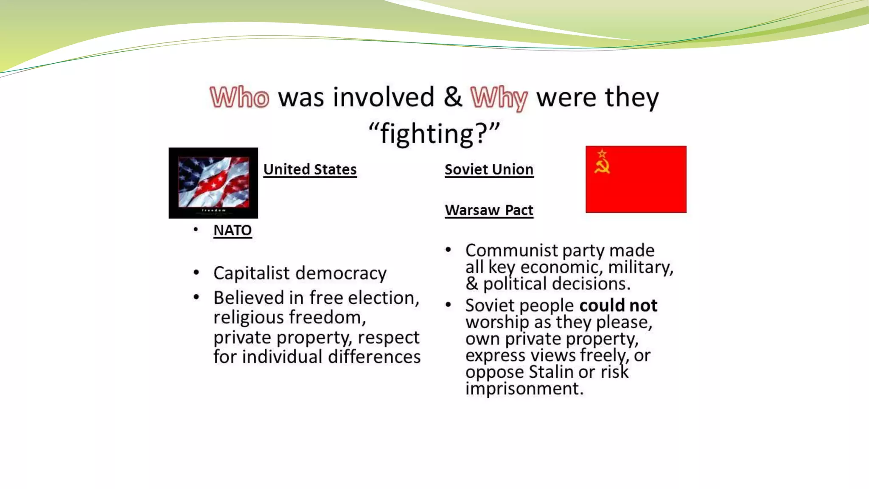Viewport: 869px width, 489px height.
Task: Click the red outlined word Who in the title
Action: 240,97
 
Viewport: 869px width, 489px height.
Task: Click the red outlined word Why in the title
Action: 499,98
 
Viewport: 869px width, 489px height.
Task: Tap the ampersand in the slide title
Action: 453,97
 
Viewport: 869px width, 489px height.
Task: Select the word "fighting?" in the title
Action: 434,134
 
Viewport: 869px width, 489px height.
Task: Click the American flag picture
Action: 213,183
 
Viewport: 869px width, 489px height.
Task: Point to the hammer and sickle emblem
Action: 602,162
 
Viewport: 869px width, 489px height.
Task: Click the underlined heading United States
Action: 310,169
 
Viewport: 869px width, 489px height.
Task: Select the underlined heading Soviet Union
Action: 489,169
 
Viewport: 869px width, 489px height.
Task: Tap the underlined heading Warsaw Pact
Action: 489,210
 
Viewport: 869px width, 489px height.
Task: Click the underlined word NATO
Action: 233,230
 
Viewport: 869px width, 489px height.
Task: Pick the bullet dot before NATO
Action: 196,230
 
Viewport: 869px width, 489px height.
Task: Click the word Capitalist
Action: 251,273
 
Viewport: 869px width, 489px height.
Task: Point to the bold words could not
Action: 618,305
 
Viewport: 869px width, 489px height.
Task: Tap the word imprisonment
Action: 524,388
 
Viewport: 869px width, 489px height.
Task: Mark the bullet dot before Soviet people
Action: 448,305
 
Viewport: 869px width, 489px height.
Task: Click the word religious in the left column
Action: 251,318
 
